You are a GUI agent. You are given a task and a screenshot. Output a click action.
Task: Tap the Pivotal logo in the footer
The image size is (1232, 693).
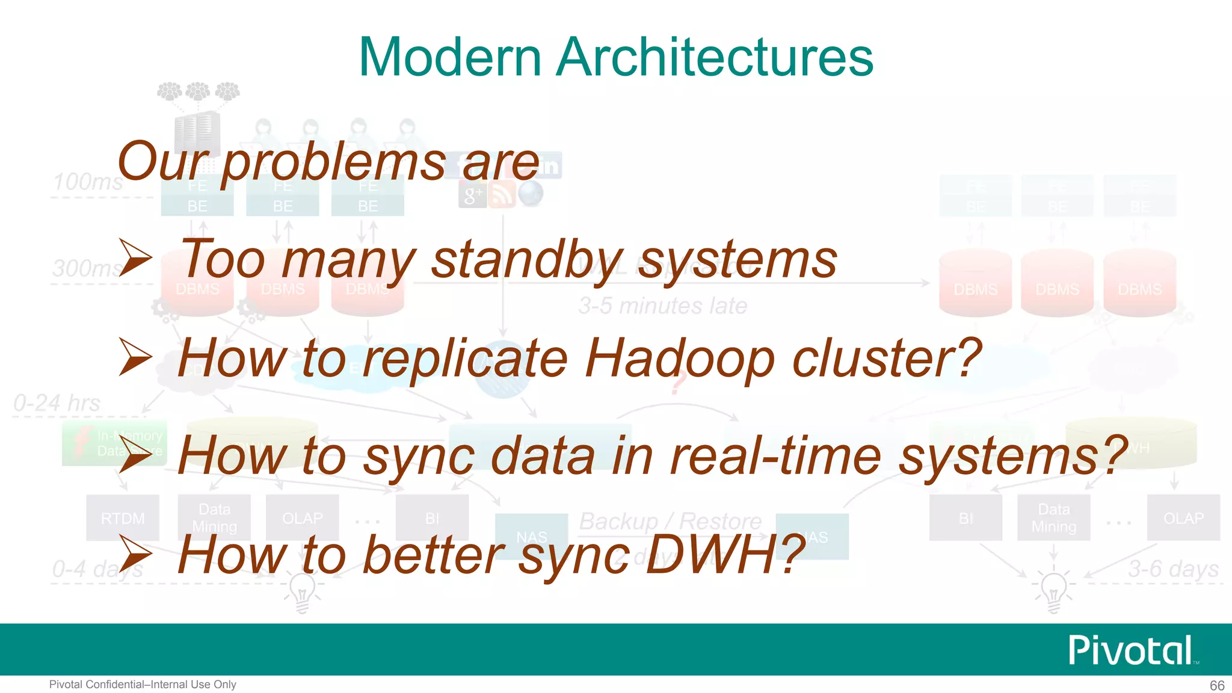tap(1131, 650)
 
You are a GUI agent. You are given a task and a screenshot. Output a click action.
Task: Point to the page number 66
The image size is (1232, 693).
tap(1217, 685)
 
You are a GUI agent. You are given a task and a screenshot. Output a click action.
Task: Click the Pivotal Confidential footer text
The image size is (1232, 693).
tap(143, 685)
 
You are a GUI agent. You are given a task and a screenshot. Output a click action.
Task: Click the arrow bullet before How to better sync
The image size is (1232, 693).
tap(135, 553)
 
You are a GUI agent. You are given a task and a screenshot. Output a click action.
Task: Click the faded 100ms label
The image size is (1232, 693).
tap(88, 182)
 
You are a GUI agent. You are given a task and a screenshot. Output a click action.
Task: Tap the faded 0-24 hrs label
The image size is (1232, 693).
tap(57, 403)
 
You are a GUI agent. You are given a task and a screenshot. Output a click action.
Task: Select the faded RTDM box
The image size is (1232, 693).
tap(123, 518)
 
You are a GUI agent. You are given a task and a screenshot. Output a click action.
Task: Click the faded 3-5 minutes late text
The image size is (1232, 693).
tap(663, 306)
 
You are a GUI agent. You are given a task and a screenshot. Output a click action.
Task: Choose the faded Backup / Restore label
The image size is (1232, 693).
tap(670, 521)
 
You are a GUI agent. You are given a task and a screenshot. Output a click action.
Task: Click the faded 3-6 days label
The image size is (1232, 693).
tap(1173, 568)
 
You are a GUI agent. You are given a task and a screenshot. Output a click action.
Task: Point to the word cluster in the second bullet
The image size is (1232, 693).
tap(887, 359)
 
